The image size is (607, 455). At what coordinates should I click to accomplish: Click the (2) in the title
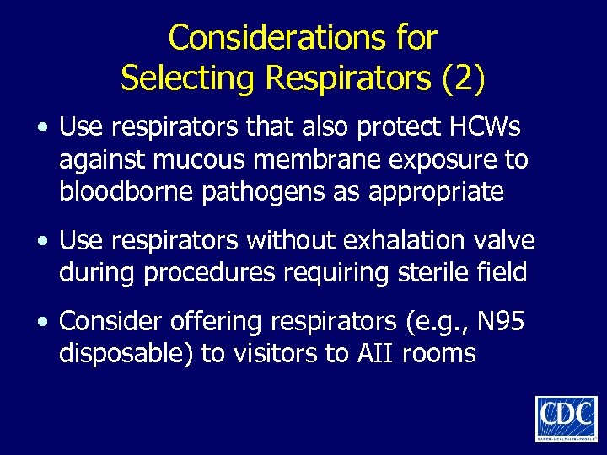463,78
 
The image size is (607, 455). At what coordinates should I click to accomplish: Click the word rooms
439,353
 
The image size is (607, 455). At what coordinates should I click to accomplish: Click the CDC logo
565,418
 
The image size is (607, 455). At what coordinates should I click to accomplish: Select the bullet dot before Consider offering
46,322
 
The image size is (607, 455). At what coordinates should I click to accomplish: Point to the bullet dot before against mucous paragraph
46,128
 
